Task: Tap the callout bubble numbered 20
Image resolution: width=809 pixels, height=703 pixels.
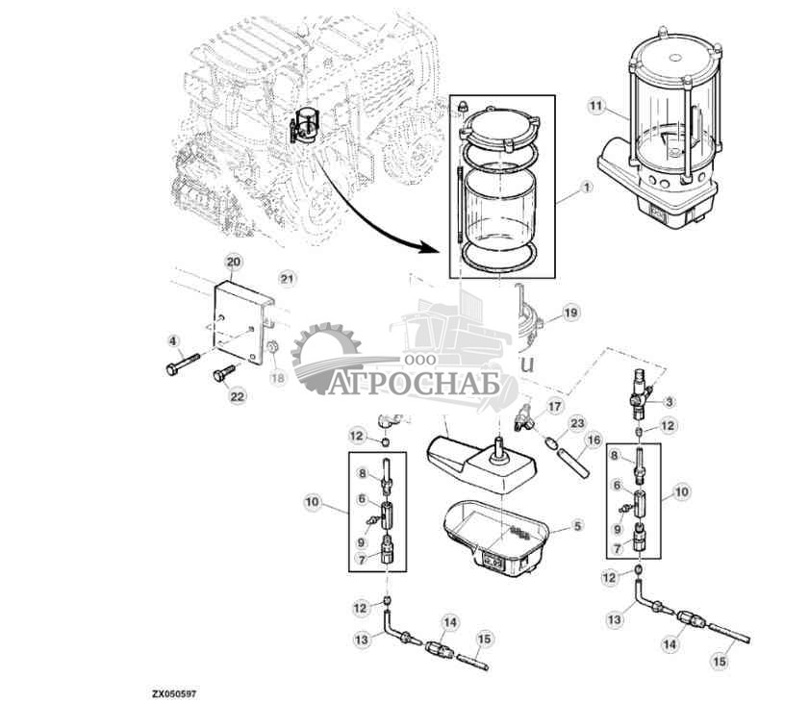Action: point(232,262)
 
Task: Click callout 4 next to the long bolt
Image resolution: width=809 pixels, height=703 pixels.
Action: point(173,339)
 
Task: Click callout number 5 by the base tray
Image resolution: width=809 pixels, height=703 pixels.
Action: point(577,526)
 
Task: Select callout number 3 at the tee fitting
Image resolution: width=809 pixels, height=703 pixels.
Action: point(670,400)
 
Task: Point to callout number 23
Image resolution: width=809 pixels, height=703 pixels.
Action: point(577,422)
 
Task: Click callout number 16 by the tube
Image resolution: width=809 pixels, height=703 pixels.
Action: point(594,439)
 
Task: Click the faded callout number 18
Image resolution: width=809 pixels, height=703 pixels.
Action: point(278,378)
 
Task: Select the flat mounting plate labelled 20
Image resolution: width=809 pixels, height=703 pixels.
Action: point(239,317)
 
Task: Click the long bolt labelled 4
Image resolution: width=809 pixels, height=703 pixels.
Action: point(183,365)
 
